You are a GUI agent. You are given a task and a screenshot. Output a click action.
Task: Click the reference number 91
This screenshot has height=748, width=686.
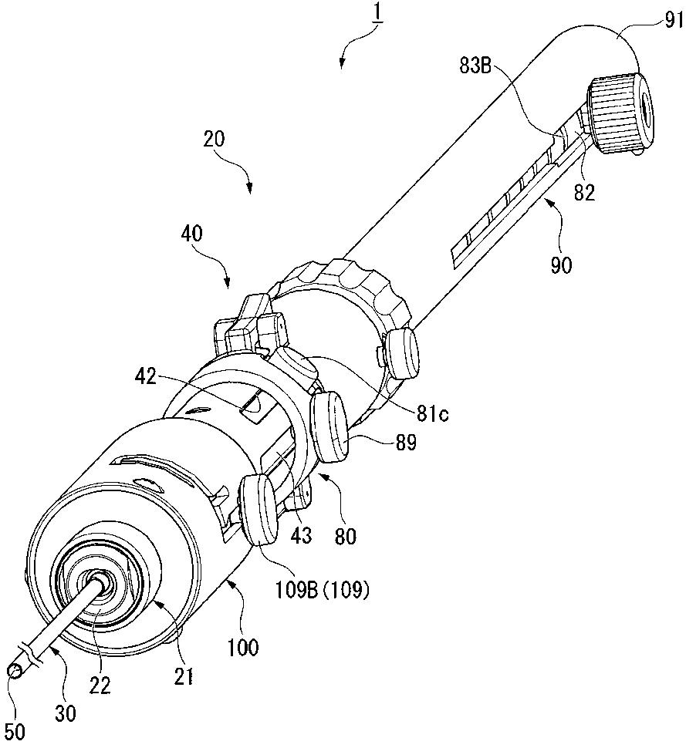point(674,21)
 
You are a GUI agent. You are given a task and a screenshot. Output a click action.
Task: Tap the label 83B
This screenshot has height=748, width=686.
point(475,66)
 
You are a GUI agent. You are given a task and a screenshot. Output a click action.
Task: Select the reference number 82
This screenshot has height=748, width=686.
point(585,192)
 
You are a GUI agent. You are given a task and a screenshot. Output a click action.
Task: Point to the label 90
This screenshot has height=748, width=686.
point(561,264)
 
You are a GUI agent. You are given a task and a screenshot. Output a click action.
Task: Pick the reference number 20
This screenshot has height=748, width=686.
point(214,139)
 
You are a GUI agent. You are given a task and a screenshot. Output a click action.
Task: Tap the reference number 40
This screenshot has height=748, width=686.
point(191,234)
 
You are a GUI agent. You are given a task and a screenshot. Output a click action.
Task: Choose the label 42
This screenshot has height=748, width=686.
point(146,377)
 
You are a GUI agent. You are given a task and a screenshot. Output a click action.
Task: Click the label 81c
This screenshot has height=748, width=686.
point(432,413)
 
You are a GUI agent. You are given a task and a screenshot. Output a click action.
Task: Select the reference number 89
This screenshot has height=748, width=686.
point(405,443)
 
